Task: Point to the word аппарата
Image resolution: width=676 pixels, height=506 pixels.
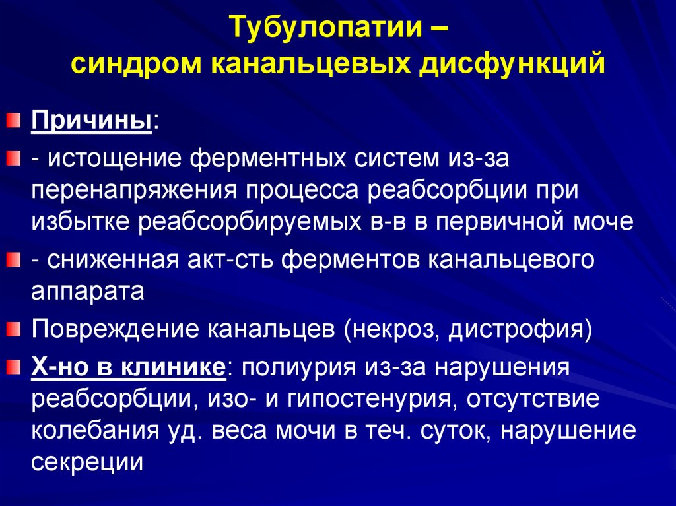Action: coord(87,291)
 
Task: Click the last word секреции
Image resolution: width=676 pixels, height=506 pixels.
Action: coord(87,462)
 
